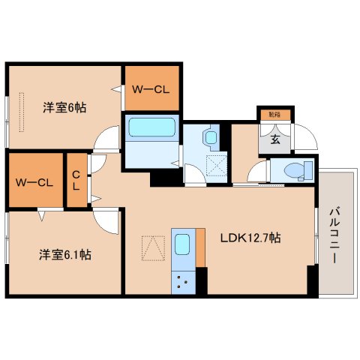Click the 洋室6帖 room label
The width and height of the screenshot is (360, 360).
pos(64,107)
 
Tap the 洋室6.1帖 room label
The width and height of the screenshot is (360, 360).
pos(65,254)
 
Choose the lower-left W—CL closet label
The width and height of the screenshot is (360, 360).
pos(34,181)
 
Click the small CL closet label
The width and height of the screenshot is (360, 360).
pos(76,180)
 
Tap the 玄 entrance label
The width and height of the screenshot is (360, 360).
pos(275,139)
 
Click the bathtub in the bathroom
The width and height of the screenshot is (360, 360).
pos(151,126)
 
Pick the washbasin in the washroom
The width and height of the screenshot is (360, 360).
pos(209,137)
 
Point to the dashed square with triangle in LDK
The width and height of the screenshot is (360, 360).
pos(153,248)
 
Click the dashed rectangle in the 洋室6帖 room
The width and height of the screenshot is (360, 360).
pos(22,112)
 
